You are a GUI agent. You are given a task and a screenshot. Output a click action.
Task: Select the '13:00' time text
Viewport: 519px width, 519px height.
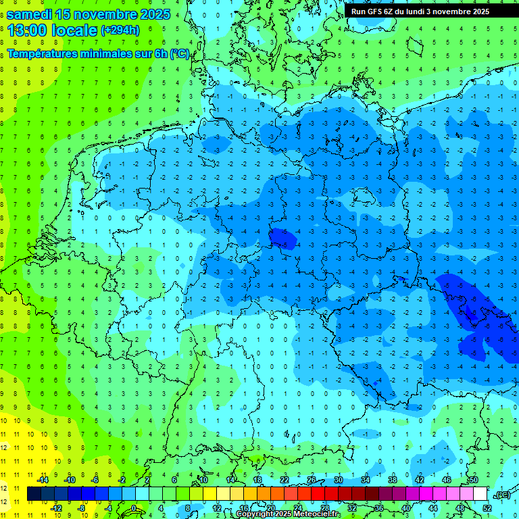pos(28,30)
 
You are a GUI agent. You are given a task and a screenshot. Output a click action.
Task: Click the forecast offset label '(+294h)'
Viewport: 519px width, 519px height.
pos(120,30)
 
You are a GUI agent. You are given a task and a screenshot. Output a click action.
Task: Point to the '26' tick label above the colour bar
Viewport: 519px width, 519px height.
pos(312,480)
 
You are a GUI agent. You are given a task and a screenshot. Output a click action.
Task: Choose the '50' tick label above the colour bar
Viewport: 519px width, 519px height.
pos(473,480)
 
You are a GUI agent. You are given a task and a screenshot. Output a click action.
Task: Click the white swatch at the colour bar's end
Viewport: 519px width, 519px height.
pos(480,494)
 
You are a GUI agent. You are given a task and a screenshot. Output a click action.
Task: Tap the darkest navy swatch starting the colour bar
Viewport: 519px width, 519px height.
pos(34,494)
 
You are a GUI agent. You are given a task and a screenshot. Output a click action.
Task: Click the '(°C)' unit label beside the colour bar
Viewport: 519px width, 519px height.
pos(501,494)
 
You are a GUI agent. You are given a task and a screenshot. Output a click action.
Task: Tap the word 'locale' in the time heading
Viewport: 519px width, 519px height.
pos(74,30)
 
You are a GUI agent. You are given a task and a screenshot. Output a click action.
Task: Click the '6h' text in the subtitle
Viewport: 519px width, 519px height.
pos(160,54)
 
